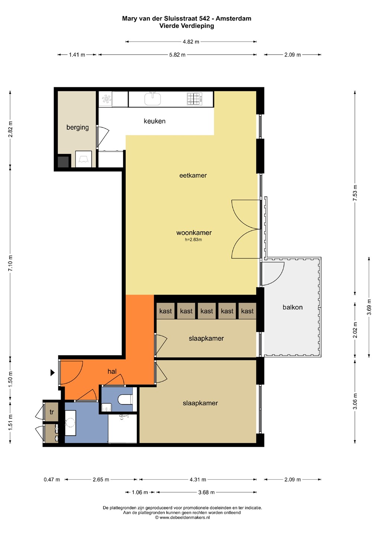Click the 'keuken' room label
click(x=154, y=121)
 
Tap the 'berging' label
click(x=77, y=127)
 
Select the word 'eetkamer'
click(x=193, y=175)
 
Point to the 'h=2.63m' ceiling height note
click(x=193, y=240)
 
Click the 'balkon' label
click(x=292, y=307)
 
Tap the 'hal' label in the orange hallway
click(x=112, y=372)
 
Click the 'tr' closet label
click(x=52, y=412)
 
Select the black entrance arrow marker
click(x=52, y=373)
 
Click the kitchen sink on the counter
click(x=152, y=99)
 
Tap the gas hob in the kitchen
click(x=195, y=99)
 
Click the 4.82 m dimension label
click(x=191, y=42)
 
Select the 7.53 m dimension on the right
click(x=355, y=193)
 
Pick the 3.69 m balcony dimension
click(x=369, y=307)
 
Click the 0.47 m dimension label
click(x=52, y=479)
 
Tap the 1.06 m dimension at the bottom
click(x=140, y=492)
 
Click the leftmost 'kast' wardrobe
click(x=166, y=311)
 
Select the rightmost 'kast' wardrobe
click(x=247, y=311)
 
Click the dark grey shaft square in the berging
click(x=63, y=162)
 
